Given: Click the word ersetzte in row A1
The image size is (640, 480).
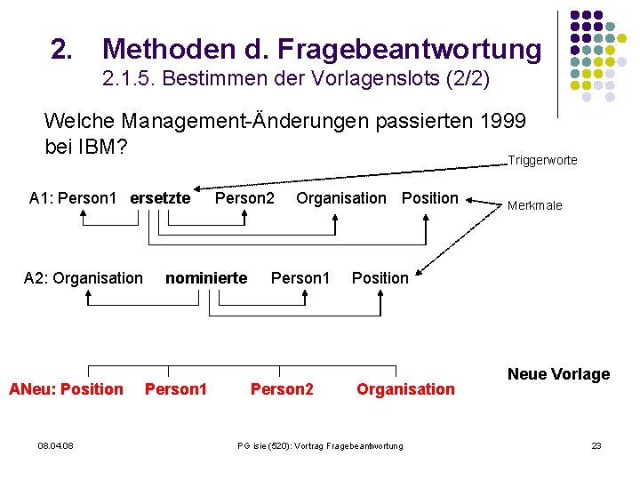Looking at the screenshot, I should (160, 198).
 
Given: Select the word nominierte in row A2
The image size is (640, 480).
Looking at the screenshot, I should (206, 278).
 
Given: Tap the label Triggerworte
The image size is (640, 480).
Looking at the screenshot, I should (542, 160).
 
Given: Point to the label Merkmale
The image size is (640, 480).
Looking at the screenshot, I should (535, 205).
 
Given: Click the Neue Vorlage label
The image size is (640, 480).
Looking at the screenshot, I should (558, 374).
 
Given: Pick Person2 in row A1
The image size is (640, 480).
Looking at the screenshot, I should (244, 198).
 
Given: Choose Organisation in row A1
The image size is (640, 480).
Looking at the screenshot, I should (341, 198).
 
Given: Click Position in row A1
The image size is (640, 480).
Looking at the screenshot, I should (429, 198).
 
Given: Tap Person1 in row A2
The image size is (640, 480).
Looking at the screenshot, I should (300, 278).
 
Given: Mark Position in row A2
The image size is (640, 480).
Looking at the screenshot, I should (380, 278).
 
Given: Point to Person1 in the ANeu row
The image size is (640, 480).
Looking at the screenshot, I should (176, 388).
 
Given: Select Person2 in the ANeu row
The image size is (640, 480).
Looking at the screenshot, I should (282, 388).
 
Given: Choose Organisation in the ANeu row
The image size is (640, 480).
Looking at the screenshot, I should (405, 388).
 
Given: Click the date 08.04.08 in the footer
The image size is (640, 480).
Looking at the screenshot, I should (56, 445).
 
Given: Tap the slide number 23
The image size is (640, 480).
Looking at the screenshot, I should (596, 445).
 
